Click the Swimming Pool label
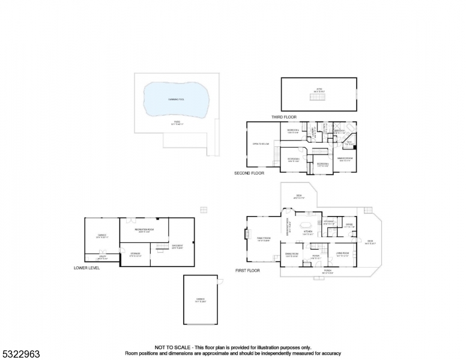pos(177,100)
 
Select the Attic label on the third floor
pos(319,91)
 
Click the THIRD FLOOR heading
pos(283,117)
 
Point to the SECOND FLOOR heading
pos(249,173)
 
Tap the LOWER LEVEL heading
pos(86,268)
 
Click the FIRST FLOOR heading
pos(247,271)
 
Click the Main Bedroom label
pos(344,160)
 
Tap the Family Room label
pos(264,239)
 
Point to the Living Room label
pos(342,254)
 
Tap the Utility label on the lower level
pos(102,257)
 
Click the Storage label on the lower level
pos(135,254)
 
